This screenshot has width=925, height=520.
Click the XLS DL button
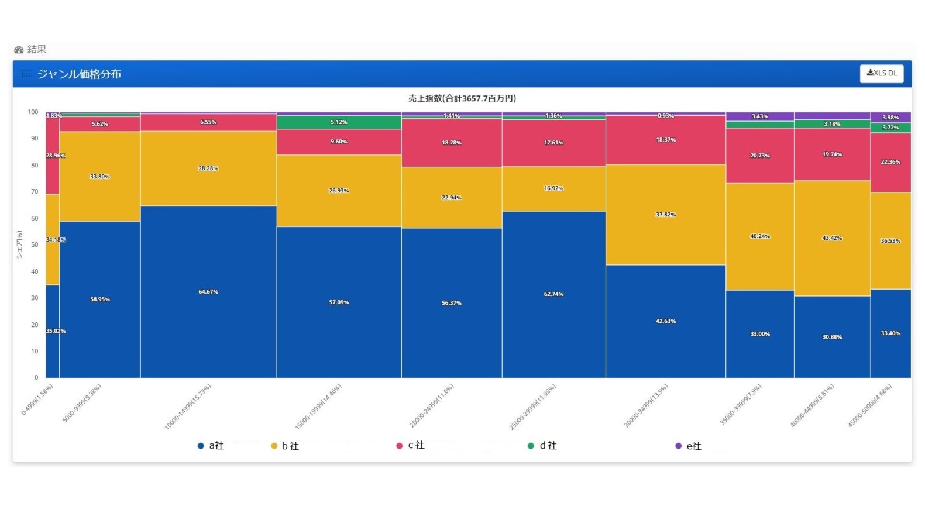click(882, 74)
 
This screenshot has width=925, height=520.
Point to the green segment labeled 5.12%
click(339, 123)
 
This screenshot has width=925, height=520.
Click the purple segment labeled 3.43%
click(759, 116)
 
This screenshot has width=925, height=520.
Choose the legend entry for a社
click(211, 446)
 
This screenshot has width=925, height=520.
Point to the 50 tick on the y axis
click(35, 245)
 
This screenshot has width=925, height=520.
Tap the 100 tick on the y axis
click(33, 112)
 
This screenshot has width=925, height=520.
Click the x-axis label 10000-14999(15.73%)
click(188, 407)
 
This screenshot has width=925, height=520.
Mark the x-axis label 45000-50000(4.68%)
click(870, 405)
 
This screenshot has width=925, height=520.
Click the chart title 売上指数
click(462, 98)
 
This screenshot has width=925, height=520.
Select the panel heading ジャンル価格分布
click(79, 74)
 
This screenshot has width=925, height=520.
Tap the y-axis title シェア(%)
click(19, 244)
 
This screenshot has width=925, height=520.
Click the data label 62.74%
click(553, 294)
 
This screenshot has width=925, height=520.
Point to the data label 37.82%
click(665, 215)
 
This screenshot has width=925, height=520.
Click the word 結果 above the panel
click(36, 50)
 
